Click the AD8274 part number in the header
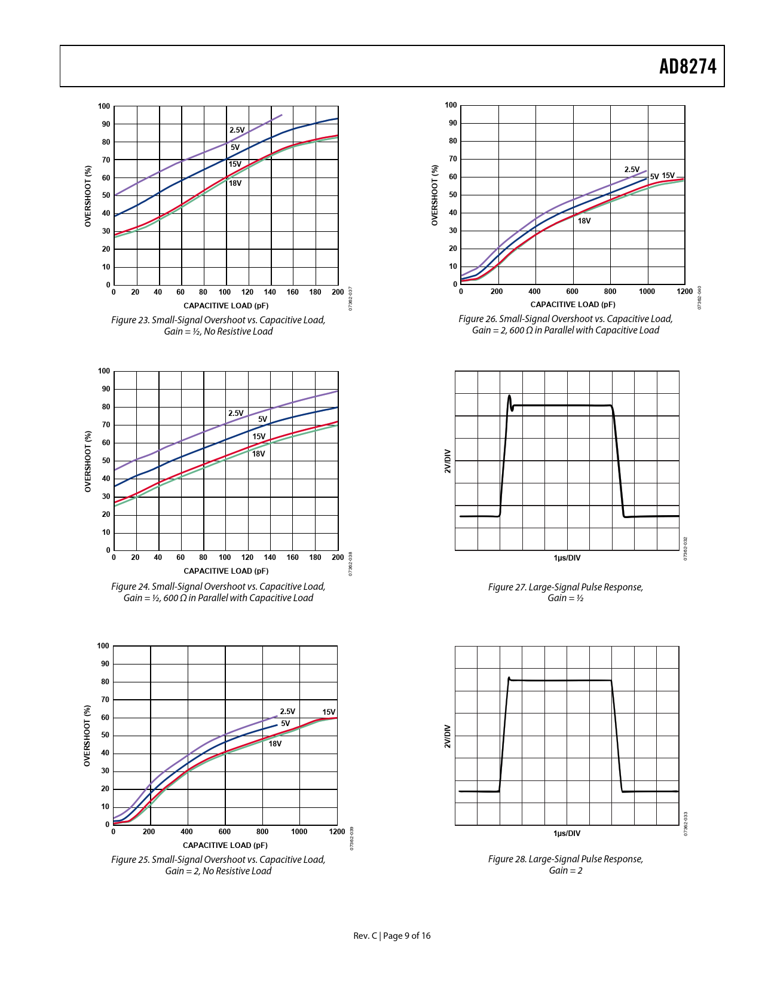687,66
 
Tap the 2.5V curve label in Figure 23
237,130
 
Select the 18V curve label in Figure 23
235,183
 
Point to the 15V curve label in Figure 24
258,436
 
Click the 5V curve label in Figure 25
285,723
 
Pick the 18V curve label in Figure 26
584,221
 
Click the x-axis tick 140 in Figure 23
270,292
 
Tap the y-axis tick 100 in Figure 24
104,371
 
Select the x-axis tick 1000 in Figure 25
299,831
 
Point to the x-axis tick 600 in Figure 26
572,292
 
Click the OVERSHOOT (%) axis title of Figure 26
434,195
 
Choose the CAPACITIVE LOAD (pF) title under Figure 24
226,571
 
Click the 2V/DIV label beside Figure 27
447,461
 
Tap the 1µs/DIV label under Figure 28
567,833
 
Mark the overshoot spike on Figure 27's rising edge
509,396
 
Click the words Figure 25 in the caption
130,859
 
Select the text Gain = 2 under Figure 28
565,870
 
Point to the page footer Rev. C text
365,936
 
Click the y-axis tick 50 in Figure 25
105,735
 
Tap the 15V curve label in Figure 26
668,175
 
